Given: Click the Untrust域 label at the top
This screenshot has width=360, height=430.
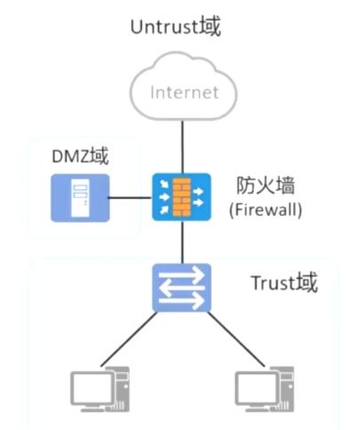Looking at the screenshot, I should coord(175,26).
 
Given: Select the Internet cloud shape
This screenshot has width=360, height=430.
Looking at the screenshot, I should coord(182,90).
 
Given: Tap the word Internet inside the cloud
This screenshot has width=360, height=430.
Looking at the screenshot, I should coord(182,92).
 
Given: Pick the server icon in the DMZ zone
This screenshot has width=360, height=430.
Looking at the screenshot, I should coord(81,196).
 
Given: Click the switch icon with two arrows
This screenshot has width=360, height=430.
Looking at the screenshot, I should coord(182,288).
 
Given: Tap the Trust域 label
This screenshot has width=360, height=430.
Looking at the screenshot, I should coord(284,283).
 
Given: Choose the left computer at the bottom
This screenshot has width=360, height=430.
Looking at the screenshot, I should coord(100,389).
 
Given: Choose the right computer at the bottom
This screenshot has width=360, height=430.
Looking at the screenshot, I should coord(267,389).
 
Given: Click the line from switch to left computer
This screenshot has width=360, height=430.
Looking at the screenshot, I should coord(133,338).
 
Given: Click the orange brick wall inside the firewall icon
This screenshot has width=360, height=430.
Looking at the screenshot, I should coord(182,197).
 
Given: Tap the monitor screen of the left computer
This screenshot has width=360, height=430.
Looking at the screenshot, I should coord(90,387).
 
